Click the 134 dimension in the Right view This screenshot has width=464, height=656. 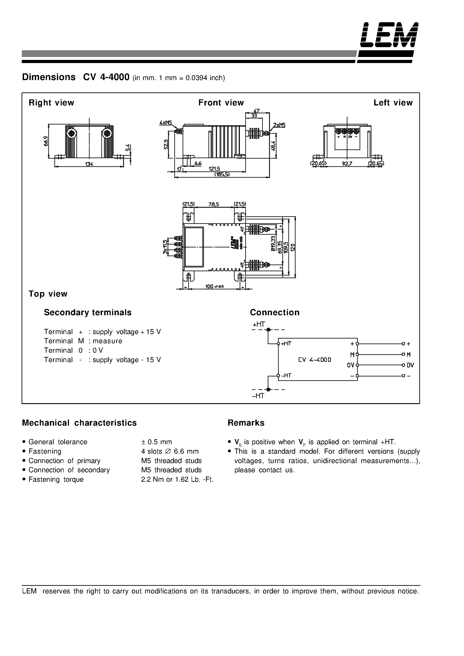click(x=89, y=164)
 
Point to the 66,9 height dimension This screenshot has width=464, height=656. click(x=46, y=141)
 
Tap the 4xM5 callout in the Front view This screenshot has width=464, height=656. click(x=165, y=123)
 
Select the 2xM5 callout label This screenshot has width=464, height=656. click(x=279, y=125)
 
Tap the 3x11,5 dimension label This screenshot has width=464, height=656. click(x=165, y=247)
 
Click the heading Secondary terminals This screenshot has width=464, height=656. click(x=88, y=312)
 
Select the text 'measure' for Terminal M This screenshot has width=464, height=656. click(x=107, y=341)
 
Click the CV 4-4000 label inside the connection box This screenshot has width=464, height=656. click(x=314, y=360)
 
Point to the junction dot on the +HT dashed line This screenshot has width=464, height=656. click(x=268, y=330)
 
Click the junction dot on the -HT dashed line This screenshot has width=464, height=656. click(x=268, y=389)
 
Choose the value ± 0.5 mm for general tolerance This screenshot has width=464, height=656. click(x=157, y=442)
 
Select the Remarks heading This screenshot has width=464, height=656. click(x=246, y=423)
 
